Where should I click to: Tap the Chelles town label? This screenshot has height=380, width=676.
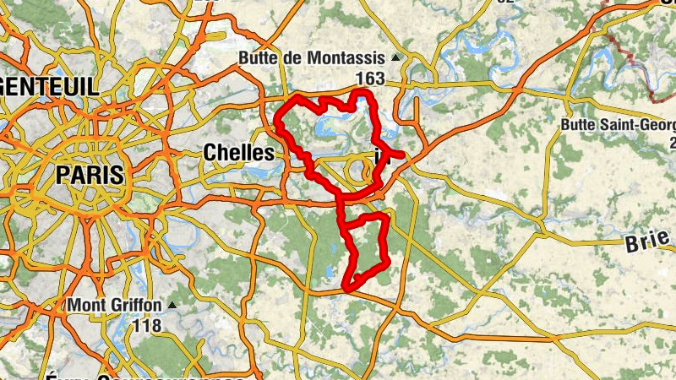tap(239, 153)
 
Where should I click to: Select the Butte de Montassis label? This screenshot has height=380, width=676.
tap(312, 58)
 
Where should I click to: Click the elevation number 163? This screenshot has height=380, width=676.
tap(370, 79)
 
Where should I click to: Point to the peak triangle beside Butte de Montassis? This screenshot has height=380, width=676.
tap(395, 58)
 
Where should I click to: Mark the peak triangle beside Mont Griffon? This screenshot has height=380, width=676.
tap(172, 304)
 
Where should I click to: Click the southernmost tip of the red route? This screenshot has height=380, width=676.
tap(346, 290)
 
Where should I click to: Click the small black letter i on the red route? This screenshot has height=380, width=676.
tap(379, 156)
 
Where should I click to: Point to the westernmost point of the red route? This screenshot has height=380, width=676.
tap(277, 123)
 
